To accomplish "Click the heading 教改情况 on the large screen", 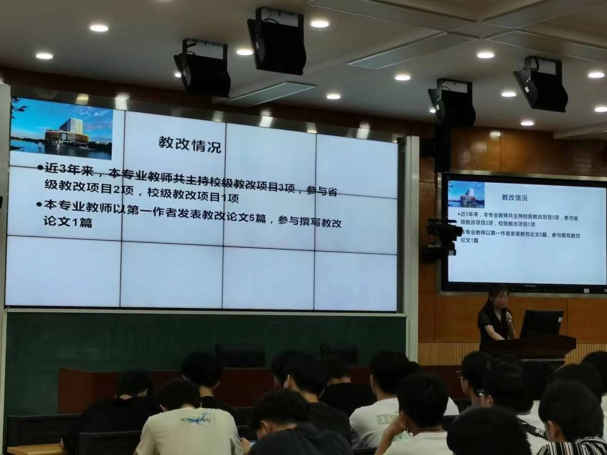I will (190, 144).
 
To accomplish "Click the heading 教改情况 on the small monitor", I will (514, 198).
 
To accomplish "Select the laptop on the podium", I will (541, 324).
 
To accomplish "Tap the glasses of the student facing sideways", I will (479, 392).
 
